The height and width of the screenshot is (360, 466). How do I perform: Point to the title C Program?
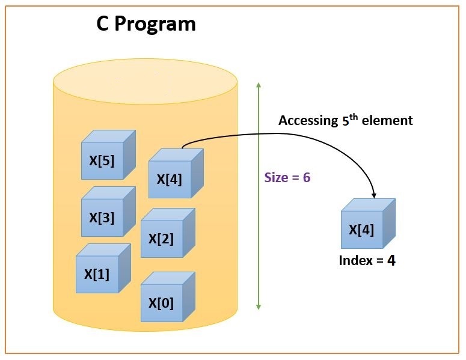pos(146,24)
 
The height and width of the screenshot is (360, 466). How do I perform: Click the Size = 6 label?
pos(287,178)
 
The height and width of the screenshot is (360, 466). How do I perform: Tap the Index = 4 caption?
pos(367,261)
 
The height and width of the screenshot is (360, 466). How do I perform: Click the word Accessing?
pos(305,121)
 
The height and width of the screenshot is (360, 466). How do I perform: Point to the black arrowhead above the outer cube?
pos(375,195)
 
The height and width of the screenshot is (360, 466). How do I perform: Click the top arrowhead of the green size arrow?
pos(259,85)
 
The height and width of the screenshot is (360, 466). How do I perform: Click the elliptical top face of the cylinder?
pos(145,82)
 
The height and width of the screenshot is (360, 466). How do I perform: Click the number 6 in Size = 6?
pos(307,178)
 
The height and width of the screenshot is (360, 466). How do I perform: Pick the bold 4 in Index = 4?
pos(391,261)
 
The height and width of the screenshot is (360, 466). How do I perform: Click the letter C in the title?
pos(104,24)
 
